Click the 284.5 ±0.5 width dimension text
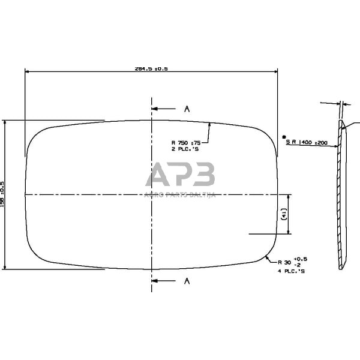point(151,68)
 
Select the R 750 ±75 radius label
point(187,142)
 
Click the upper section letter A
point(187,109)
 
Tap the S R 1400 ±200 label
point(307,143)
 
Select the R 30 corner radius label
point(284,262)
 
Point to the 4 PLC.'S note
point(292,271)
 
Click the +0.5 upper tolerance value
point(301,258)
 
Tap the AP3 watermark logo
point(180,175)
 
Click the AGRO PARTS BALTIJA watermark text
point(180,194)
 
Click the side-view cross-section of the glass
point(341,195)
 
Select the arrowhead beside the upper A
point(155,109)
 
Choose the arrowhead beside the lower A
point(155,280)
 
